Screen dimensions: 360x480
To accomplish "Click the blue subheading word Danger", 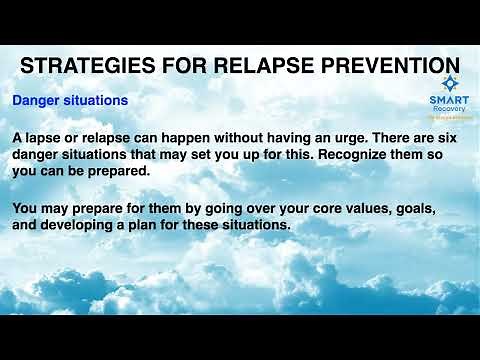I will tap(37, 102).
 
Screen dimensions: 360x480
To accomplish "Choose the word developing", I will tap(86, 226).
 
